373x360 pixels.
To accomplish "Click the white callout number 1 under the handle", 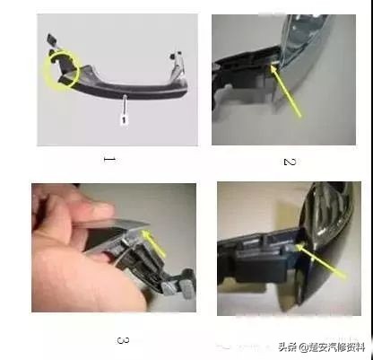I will pos(125,116).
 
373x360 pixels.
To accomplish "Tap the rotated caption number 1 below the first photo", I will pos(109,159).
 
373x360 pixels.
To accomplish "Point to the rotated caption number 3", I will pos(123,340).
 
